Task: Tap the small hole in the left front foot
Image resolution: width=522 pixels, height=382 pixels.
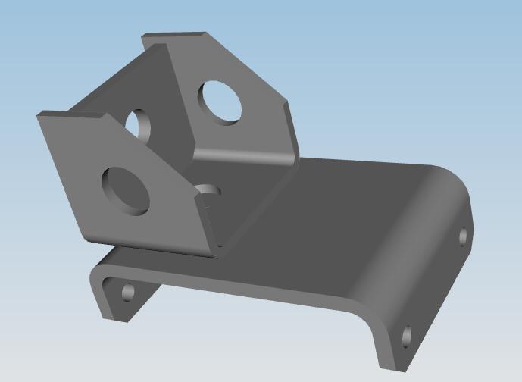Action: pos(127,292)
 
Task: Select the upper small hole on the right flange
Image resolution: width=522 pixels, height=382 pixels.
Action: pos(464,236)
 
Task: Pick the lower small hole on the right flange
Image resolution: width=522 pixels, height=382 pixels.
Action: pos(407,335)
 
